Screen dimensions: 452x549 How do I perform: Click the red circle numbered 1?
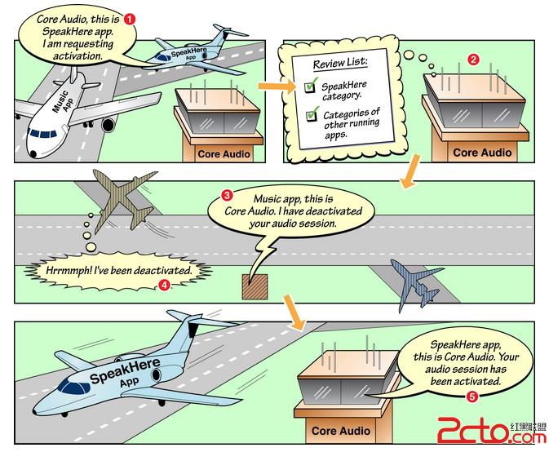pyautogui.click(x=130, y=17)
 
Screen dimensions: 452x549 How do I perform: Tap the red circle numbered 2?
pyautogui.click(x=472, y=59)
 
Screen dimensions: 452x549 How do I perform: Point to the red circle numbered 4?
pyautogui.click(x=165, y=286)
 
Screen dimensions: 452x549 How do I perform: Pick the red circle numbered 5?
pyautogui.click(x=471, y=397)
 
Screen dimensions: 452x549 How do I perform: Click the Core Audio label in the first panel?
pyautogui.click(x=219, y=153)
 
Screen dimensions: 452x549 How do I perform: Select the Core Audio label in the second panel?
pyautogui.click(x=481, y=153)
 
